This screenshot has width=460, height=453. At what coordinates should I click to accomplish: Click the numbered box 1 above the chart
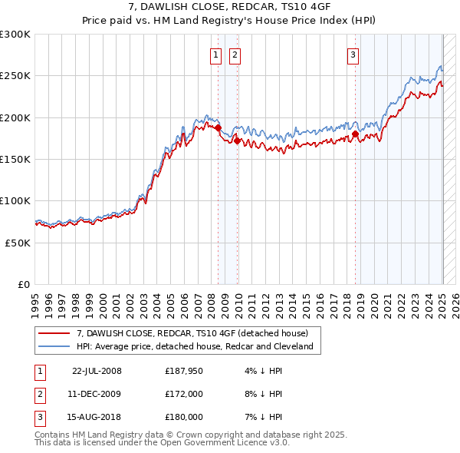[215, 55]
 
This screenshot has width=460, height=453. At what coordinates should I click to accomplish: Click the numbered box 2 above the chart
[235, 55]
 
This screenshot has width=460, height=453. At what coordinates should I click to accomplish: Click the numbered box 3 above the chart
[353, 55]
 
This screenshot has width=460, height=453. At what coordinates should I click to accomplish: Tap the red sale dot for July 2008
[219, 128]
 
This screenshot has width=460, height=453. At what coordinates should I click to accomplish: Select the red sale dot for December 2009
[238, 141]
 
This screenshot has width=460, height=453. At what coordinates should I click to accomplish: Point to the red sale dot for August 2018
[356, 134]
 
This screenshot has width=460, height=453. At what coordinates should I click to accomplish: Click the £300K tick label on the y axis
[15, 35]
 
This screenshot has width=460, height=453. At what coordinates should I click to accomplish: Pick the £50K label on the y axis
[18, 243]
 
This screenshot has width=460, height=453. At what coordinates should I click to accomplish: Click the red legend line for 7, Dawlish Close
[55, 333]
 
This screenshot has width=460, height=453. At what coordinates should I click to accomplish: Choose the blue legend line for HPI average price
[55, 346]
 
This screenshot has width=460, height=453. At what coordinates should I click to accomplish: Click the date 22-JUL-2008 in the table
[97, 371]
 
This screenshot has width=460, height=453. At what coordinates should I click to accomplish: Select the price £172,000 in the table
[184, 394]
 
